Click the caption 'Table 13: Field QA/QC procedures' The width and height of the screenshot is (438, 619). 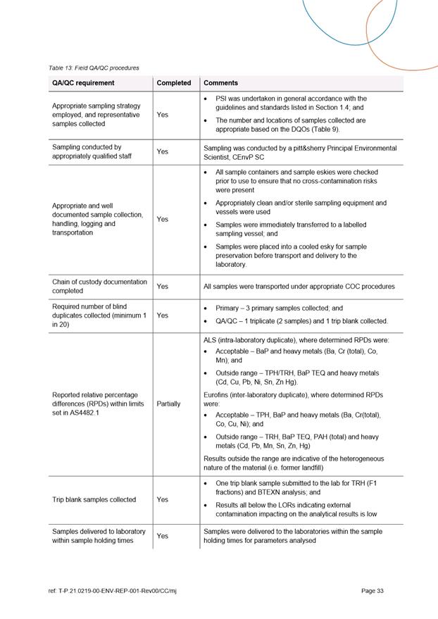click(x=94, y=68)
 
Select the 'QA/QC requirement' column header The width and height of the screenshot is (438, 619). click(x=83, y=83)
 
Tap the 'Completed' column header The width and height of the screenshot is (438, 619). click(x=174, y=83)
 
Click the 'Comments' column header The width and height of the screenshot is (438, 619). click(x=220, y=83)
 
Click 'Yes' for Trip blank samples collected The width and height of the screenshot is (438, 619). click(x=163, y=499)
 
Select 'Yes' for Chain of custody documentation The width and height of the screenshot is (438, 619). click(x=163, y=287)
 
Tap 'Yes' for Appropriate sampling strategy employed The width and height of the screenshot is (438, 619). click(x=163, y=114)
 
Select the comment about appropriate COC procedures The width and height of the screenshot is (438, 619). click(x=299, y=287)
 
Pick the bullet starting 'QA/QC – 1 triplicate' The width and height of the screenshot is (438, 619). click(x=301, y=321)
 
